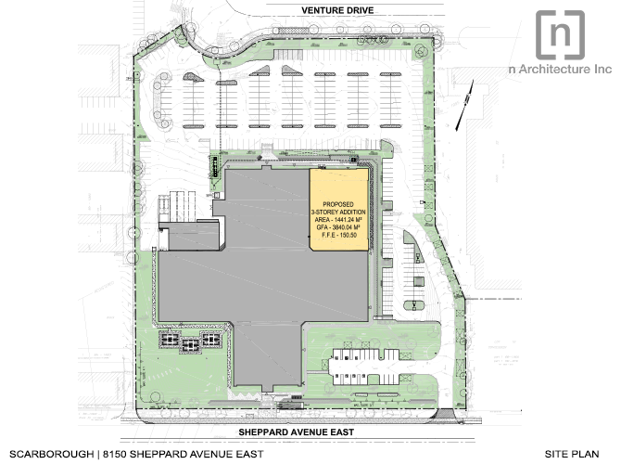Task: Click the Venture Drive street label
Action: [337, 10]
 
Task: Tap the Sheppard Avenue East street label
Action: [297, 432]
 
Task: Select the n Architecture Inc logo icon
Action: [560, 35]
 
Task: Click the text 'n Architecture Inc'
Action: [560, 69]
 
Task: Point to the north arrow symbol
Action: [464, 106]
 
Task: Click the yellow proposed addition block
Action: [339, 210]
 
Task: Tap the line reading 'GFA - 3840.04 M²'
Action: [338, 227]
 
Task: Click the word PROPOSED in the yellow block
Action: [338, 204]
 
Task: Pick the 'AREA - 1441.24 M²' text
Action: [338, 220]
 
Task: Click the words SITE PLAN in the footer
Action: [572, 454]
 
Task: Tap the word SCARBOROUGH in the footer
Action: [52, 454]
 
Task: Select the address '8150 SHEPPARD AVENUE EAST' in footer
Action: [183, 454]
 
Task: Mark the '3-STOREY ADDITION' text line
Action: [338, 212]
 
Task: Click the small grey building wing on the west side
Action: [193, 236]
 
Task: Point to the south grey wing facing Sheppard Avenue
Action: [267, 354]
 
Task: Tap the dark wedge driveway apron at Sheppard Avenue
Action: [444, 414]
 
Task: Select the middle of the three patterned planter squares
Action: [190, 345]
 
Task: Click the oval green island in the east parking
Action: [414, 305]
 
